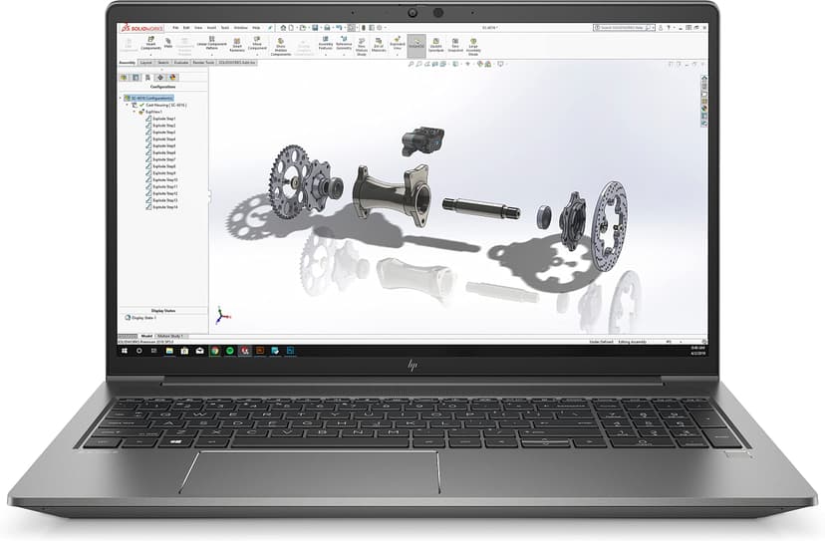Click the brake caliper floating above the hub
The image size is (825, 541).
pos(418,141)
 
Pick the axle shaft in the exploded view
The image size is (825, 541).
pos(481,209)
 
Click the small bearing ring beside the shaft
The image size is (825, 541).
pos(544,214)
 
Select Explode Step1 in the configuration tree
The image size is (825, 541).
pos(163,119)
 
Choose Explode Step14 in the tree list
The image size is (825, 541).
pos(164,207)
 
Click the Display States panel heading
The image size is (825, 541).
pos(162,310)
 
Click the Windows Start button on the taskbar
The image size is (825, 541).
pos(125,351)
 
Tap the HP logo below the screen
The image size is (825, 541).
pos(412,367)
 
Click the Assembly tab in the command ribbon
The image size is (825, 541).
pos(127,62)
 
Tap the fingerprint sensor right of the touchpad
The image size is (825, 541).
pos(733,454)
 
